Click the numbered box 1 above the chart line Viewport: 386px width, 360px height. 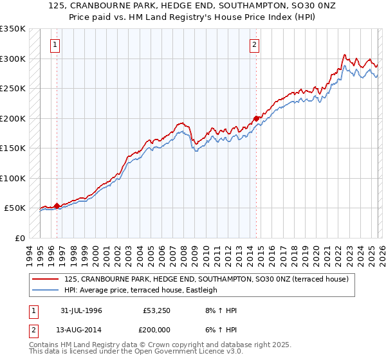[x=55, y=45]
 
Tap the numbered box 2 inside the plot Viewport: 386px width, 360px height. [x=255, y=45]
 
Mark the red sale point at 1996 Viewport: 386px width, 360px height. [x=57, y=206]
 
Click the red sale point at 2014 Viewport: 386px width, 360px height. [x=256, y=118]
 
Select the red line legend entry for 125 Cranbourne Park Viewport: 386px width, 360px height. [x=206, y=279]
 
